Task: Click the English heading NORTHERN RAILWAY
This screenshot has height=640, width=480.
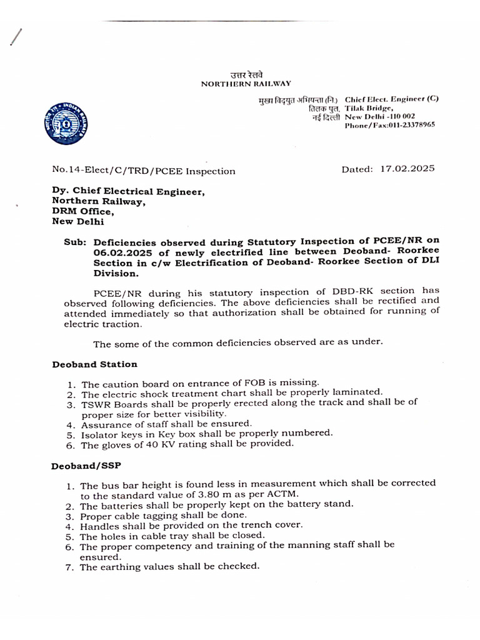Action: tap(246, 83)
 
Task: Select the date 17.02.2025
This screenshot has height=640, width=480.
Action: tap(407, 169)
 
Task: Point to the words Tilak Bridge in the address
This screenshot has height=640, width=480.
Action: tap(369, 107)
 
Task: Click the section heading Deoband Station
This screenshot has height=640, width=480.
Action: tap(94, 364)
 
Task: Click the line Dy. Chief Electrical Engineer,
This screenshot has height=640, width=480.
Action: tap(128, 192)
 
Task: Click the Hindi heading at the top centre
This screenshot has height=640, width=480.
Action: tap(246, 74)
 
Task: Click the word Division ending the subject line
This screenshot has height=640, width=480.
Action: tap(113, 273)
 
